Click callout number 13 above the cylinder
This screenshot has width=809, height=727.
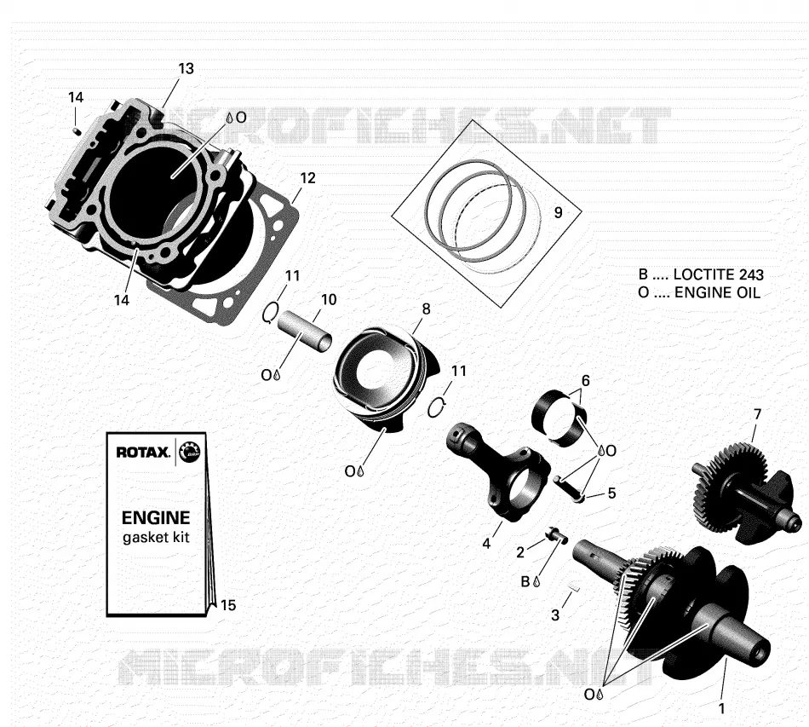(x=186, y=69)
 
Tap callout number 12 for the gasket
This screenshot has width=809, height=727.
(x=307, y=178)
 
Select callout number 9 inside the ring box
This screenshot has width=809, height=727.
(x=559, y=212)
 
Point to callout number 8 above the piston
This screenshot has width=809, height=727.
(x=426, y=309)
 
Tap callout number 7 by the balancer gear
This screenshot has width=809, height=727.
(x=757, y=414)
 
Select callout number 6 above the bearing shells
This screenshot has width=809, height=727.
(x=585, y=380)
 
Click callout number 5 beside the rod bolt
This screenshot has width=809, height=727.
(x=611, y=493)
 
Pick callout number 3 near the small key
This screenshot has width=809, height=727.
(x=555, y=615)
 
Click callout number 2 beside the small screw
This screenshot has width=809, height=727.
(x=520, y=552)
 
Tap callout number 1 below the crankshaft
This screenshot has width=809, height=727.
(x=722, y=708)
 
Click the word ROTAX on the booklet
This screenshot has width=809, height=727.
(x=143, y=453)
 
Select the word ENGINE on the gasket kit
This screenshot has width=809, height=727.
(x=156, y=517)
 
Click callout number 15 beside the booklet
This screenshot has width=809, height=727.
(x=228, y=605)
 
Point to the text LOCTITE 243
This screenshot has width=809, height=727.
(x=719, y=274)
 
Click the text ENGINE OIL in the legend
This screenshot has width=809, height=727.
(x=718, y=293)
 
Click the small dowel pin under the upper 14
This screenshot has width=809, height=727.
(x=77, y=130)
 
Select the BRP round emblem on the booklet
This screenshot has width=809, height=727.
(x=189, y=453)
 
